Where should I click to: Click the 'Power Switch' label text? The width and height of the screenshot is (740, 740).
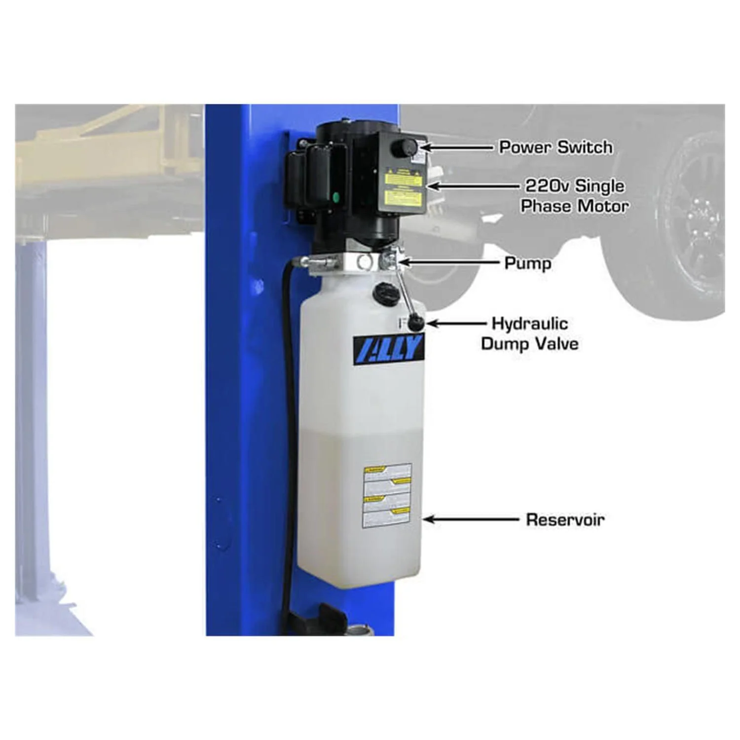(x=555, y=147)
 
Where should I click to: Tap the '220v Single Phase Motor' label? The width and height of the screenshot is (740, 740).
(x=575, y=196)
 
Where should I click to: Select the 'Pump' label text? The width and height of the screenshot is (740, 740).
(x=527, y=263)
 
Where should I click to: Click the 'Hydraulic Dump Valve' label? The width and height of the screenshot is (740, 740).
(x=530, y=333)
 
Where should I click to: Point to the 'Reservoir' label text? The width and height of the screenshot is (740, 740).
(x=565, y=519)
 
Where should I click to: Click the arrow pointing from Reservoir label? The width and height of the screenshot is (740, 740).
(x=471, y=519)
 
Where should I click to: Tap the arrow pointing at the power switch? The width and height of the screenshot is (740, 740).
(x=456, y=147)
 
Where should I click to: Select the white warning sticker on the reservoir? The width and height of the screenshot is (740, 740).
(x=387, y=496)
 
